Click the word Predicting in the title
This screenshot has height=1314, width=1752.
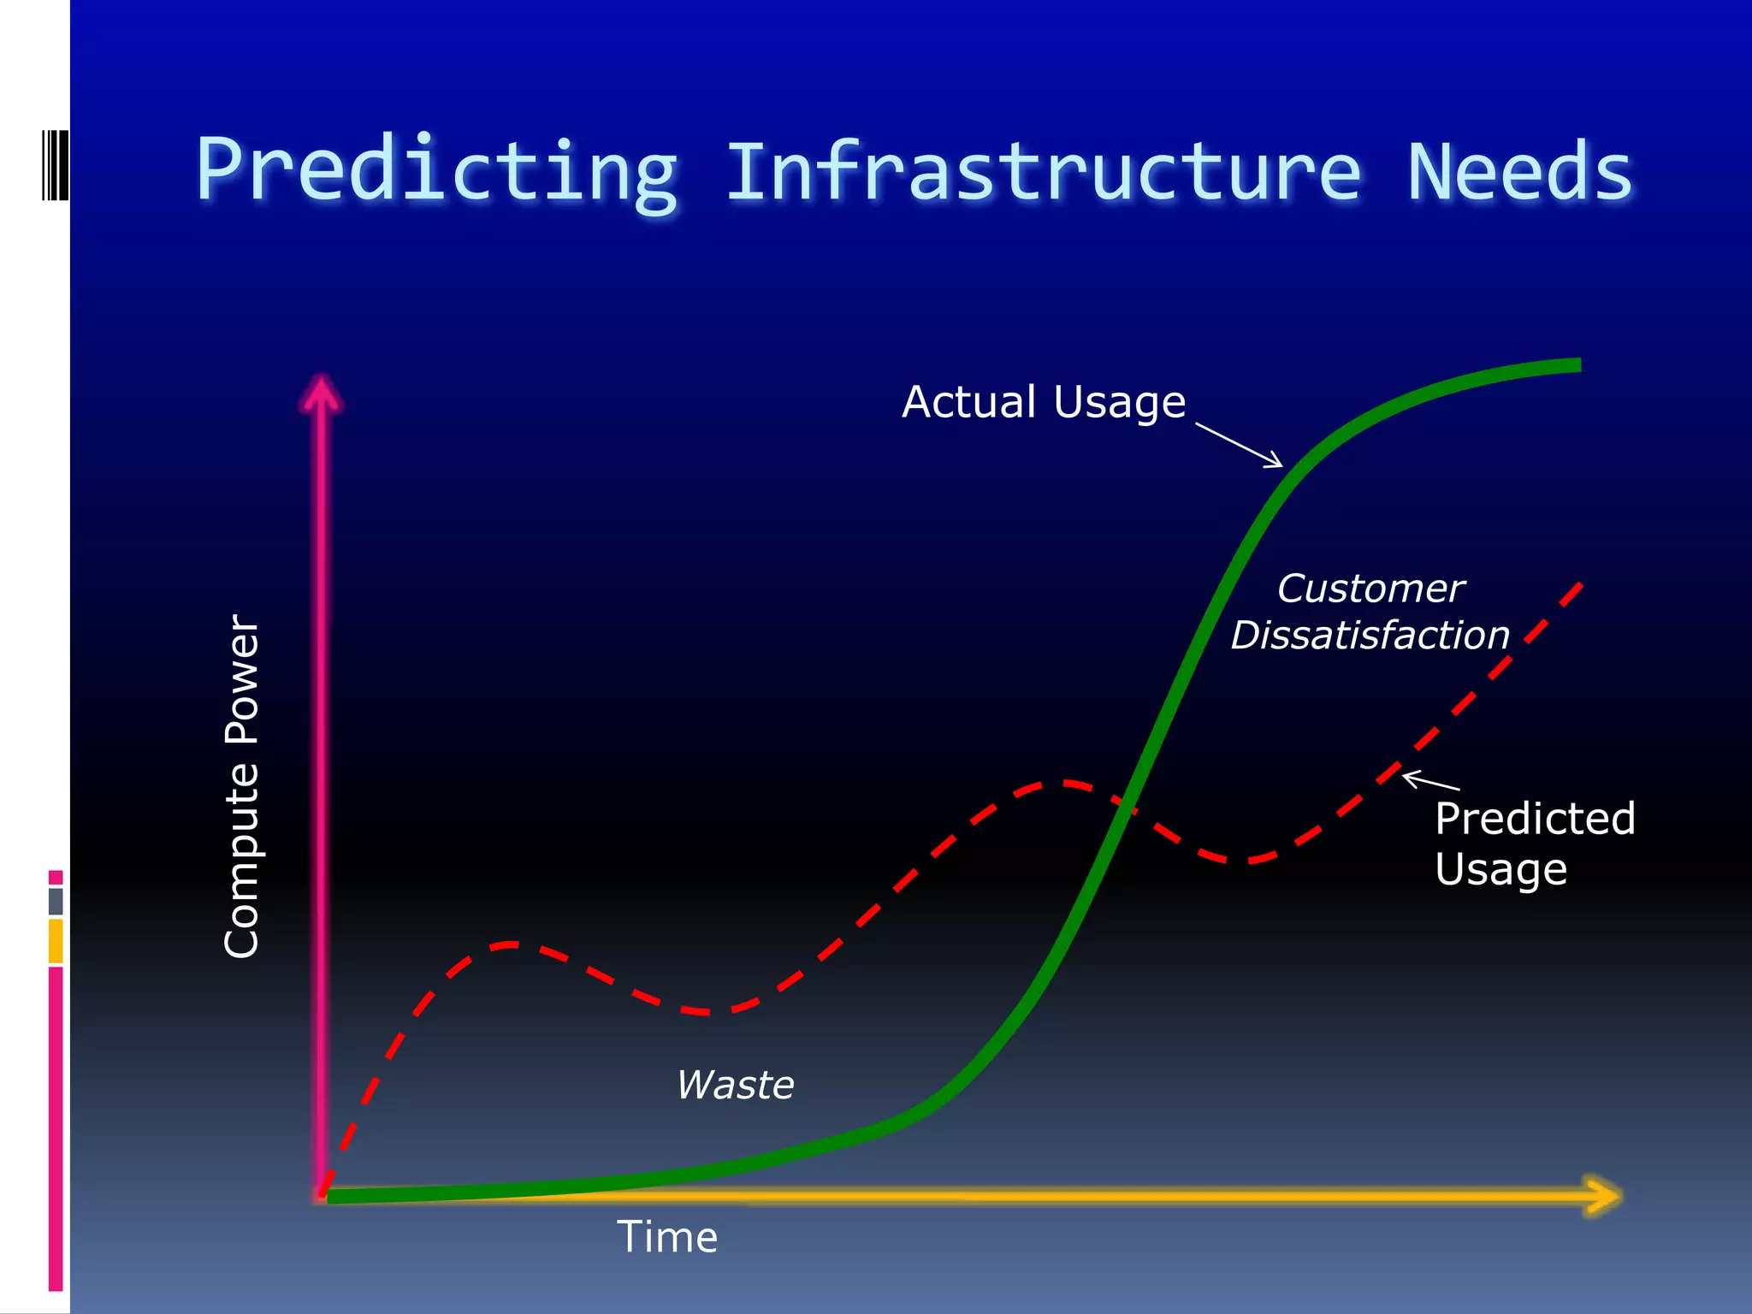[x=437, y=171]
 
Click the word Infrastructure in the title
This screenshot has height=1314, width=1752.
[x=1043, y=171]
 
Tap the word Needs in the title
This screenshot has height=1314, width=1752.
[x=1519, y=171]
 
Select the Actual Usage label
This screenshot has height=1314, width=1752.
[x=1044, y=402]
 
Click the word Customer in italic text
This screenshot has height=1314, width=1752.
[x=1370, y=589]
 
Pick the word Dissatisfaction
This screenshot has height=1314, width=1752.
[x=1370, y=636]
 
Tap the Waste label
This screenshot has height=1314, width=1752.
[x=735, y=1085]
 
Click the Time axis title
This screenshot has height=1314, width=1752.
[x=667, y=1237]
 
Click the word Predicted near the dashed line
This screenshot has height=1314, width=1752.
[x=1535, y=819]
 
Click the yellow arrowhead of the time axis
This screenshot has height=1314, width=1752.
[x=1604, y=1195]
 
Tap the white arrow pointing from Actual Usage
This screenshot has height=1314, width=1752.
[x=1240, y=445]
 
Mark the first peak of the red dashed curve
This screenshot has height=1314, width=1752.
[x=508, y=944]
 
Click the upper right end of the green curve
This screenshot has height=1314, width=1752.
[x=1576, y=365]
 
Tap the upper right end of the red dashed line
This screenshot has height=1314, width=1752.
[x=1579, y=586]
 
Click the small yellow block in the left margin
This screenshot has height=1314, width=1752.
[x=56, y=941]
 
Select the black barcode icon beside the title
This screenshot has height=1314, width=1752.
[x=55, y=165]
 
